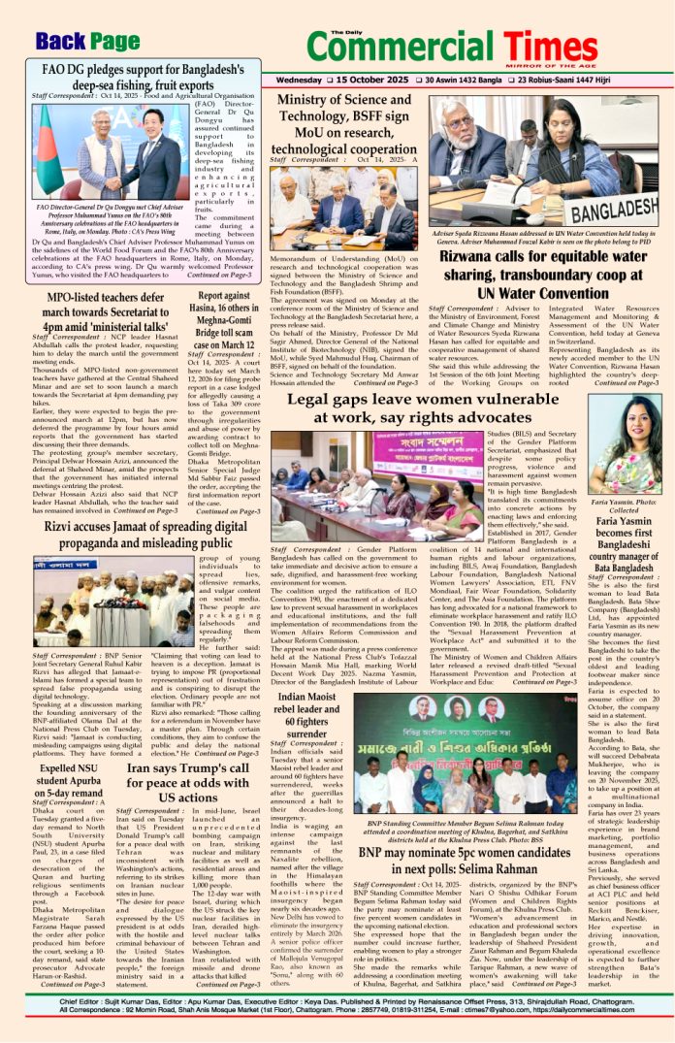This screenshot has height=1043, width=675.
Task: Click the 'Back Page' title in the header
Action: [x=87, y=42]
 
